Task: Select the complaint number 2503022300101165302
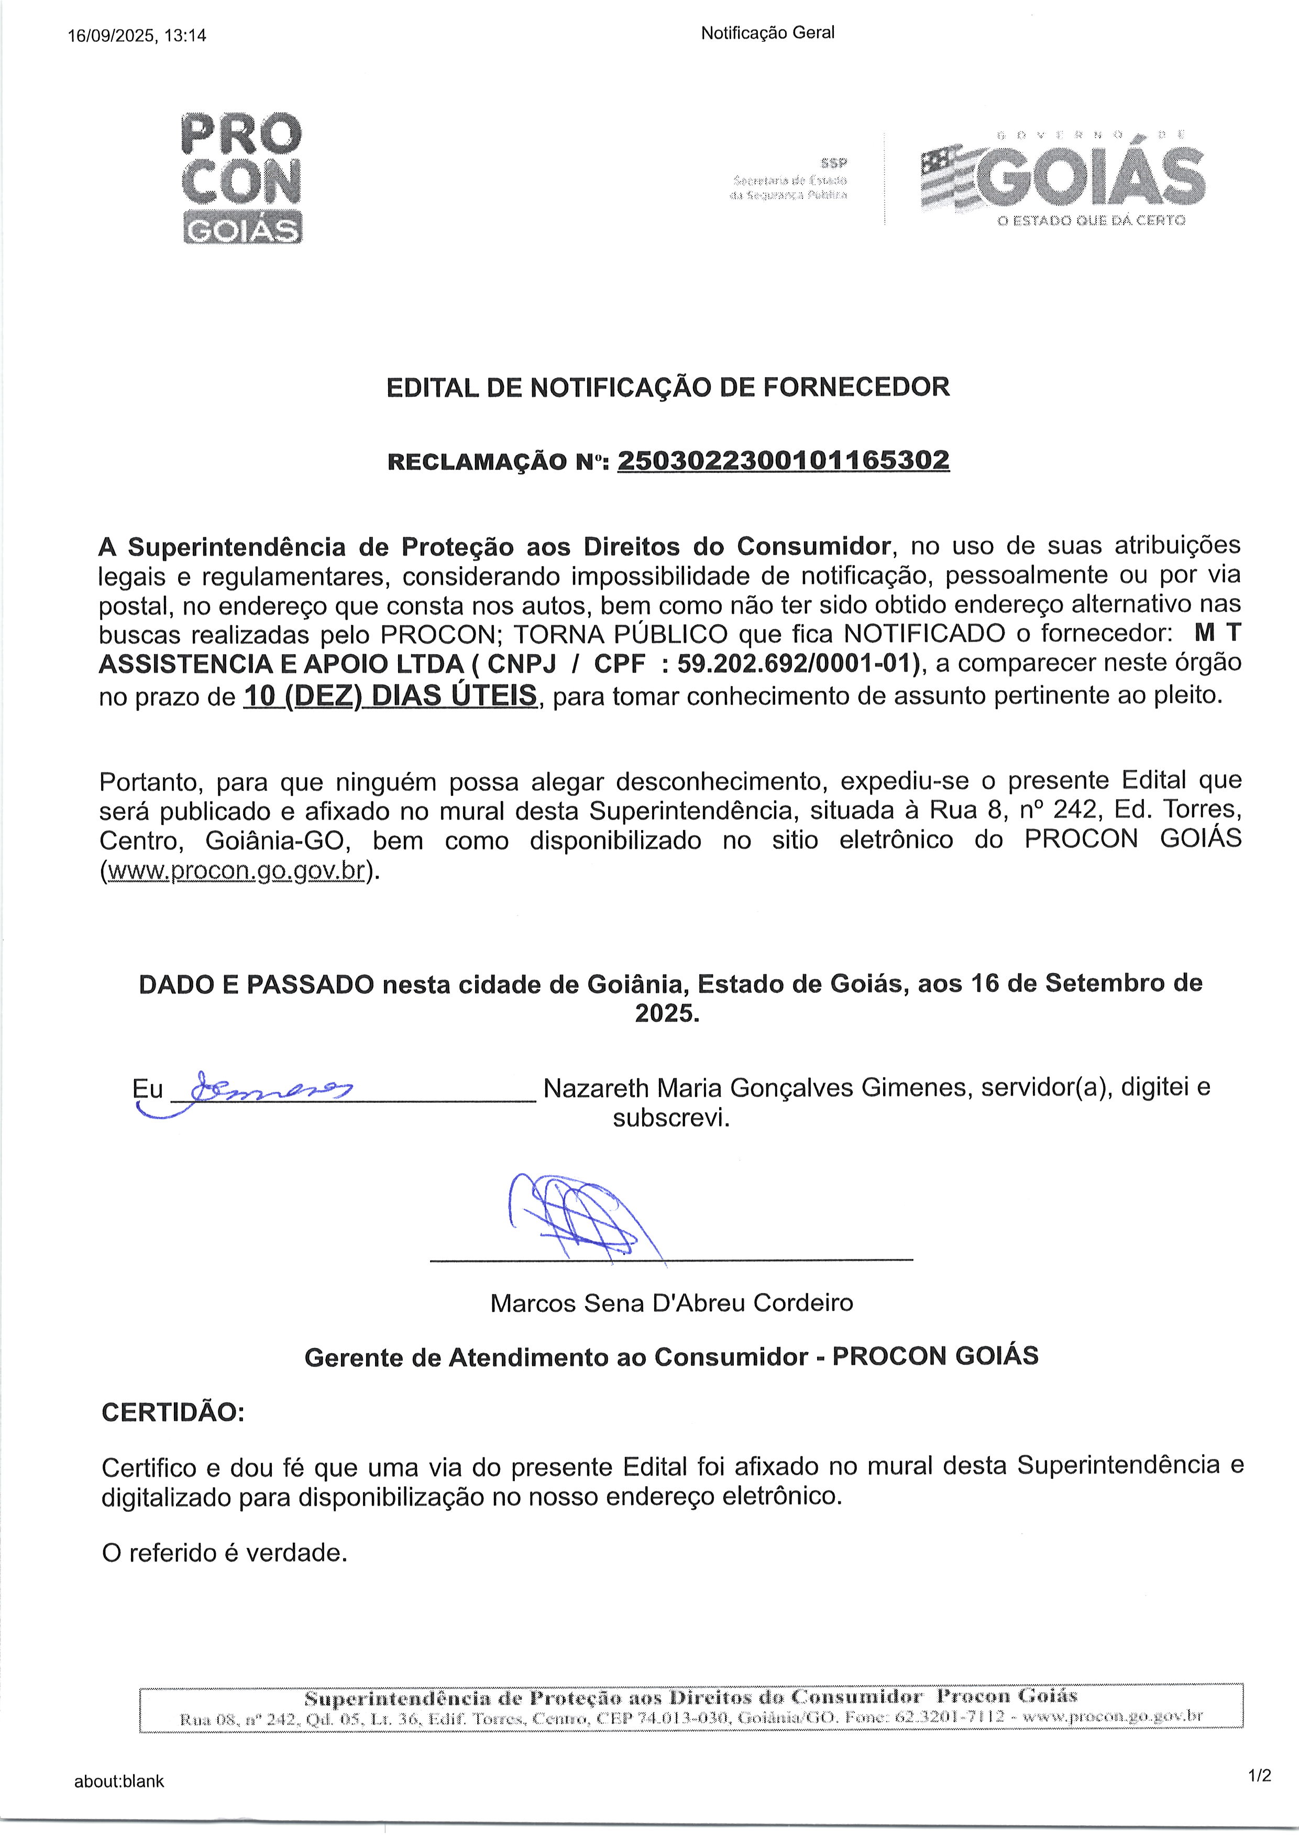[x=783, y=460]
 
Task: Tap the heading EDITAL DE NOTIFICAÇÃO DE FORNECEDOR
[x=668, y=387]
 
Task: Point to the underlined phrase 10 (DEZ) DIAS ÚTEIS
[x=390, y=695]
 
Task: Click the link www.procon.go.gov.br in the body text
[x=236, y=870]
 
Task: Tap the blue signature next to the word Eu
[x=264, y=1089]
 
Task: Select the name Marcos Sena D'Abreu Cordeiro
[x=671, y=1302]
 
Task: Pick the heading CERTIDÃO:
[x=173, y=1412]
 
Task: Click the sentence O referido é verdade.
[x=225, y=1552]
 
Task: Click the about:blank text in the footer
[x=119, y=1781]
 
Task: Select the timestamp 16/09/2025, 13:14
[x=137, y=35]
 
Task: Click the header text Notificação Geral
[x=767, y=33]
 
